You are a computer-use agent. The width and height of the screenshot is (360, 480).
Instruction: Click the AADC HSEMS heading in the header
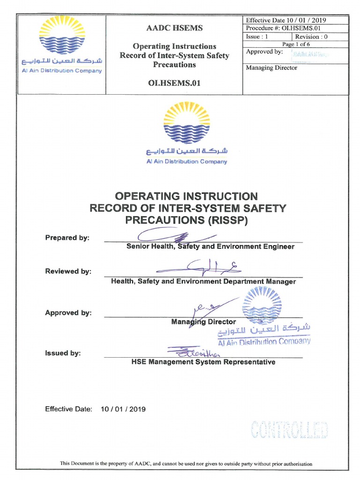coord(174,28)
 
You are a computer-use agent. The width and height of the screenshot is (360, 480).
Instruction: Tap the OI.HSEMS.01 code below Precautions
coord(174,83)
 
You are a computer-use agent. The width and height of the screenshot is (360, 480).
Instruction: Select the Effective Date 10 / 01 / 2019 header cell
coord(286,20)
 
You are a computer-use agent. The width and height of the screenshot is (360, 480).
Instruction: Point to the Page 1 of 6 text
coord(296,44)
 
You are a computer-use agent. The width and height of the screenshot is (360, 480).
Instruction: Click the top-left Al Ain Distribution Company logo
coord(60,45)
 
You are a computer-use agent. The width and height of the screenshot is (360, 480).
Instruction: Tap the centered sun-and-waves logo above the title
coord(187,124)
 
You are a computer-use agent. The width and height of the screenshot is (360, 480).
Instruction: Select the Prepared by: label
coord(67,238)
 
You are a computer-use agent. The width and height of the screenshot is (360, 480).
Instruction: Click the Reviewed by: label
coord(68,271)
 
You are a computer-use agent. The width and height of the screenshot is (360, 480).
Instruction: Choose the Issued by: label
coord(63,353)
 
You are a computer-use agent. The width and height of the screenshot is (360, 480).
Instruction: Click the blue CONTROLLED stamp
coord(289,430)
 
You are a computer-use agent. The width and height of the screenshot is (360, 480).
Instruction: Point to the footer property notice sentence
coord(186,464)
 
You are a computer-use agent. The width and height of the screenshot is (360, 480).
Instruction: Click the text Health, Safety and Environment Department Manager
coord(203,281)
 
